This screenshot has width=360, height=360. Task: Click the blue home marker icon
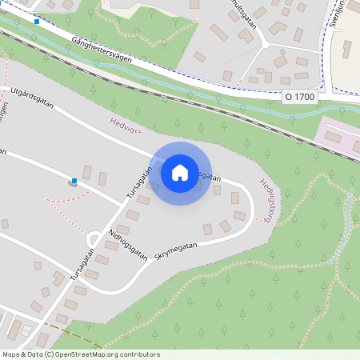[179, 173]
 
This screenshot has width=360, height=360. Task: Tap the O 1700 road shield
[300, 97]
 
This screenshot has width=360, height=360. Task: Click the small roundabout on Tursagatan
[94, 236]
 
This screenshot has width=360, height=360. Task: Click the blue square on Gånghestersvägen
[37, 22]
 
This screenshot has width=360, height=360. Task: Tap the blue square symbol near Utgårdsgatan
[74, 182]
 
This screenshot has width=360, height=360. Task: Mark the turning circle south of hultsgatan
[263, 44]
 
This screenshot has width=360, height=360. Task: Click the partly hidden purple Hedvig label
[126, 126]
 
